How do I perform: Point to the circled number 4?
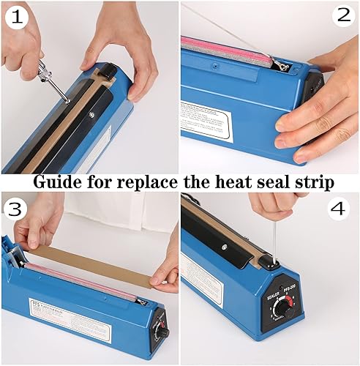(337, 209)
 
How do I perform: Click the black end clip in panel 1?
(108, 72)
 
